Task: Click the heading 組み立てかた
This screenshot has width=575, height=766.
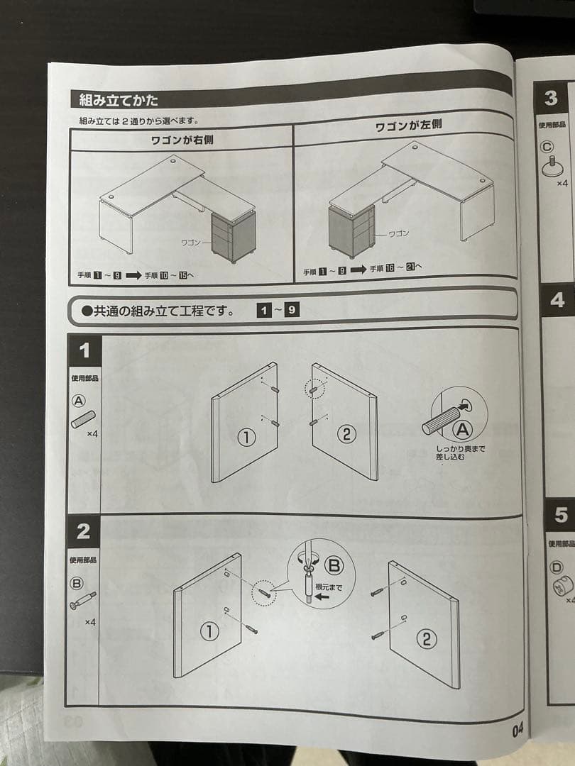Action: (x=119, y=100)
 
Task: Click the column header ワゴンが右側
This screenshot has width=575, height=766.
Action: (x=182, y=140)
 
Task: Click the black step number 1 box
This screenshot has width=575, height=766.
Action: (x=84, y=350)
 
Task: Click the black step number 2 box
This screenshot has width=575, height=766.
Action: (x=84, y=532)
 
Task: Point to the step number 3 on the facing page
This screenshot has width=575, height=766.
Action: (x=552, y=99)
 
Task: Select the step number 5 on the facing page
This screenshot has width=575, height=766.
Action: (x=561, y=515)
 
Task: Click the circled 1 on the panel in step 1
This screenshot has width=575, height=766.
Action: (x=246, y=438)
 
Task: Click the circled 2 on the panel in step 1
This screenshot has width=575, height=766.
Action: (x=346, y=433)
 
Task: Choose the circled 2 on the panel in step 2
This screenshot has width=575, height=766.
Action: (x=426, y=639)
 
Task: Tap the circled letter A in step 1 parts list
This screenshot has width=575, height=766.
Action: (x=79, y=401)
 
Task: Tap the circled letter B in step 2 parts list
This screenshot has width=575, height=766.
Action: (x=77, y=583)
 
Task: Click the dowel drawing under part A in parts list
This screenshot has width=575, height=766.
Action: (x=82, y=419)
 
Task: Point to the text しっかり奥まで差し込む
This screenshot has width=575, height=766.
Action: (x=460, y=453)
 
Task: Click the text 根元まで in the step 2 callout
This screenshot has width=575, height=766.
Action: (x=328, y=587)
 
